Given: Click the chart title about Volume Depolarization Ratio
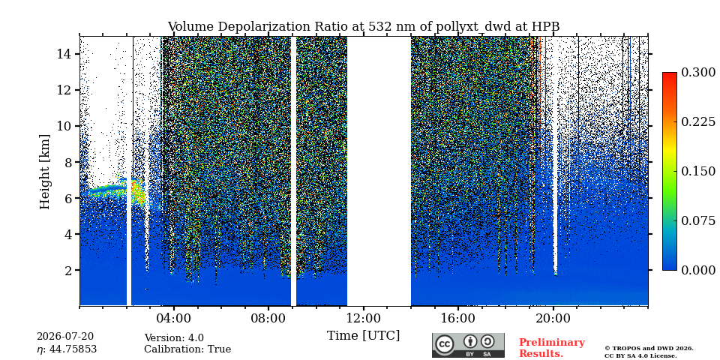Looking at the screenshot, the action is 363,27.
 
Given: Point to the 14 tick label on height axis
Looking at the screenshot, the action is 64,54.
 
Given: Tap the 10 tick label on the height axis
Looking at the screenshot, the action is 64,126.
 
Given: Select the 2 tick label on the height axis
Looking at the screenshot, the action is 69,270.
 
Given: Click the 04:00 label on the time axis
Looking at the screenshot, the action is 173,318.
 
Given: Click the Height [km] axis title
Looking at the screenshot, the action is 44,171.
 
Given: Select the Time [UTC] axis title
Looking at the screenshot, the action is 363,335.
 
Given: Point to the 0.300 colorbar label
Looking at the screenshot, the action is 698,73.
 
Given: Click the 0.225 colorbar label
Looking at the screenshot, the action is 698,121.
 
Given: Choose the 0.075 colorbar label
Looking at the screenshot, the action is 698,220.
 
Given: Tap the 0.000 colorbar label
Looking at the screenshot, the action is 698,270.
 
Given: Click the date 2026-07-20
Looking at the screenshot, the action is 65,337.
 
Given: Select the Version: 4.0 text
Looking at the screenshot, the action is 174,338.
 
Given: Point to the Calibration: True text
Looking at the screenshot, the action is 187,349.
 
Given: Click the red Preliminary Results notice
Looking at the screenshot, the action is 552,347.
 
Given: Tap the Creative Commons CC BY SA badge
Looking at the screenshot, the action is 468,345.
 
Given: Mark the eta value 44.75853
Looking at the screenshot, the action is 67,349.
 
